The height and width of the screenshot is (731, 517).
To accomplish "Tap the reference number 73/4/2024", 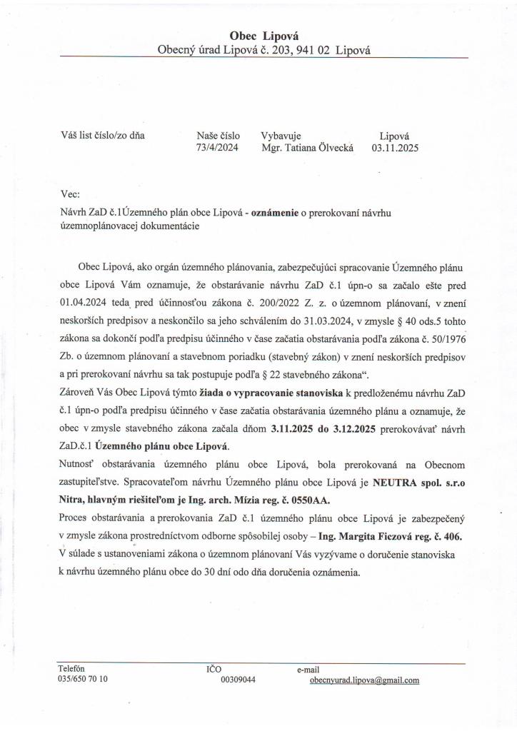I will click(x=218, y=148).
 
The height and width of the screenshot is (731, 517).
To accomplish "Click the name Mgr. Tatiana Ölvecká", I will click(x=307, y=148).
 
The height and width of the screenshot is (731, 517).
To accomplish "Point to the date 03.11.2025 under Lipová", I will click(x=395, y=148).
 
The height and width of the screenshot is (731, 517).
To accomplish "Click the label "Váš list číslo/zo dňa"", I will click(x=104, y=134).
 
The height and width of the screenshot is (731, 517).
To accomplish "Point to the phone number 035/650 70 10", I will click(x=83, y=679).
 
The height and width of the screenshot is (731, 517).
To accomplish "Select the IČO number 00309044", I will click(x=239, y=680).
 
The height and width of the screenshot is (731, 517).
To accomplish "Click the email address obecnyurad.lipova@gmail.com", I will click(x=364, y=680).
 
